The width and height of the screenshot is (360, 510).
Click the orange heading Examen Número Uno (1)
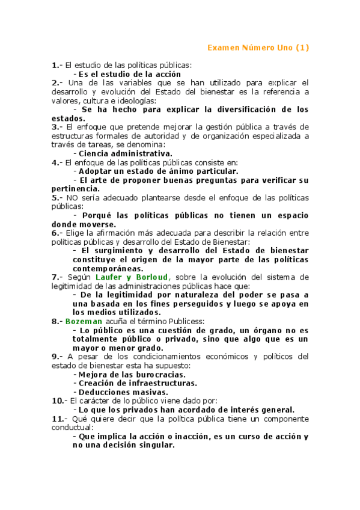(258, 48)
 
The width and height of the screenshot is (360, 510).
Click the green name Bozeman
(84, 321)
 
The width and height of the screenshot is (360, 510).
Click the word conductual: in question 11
(73, 428)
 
